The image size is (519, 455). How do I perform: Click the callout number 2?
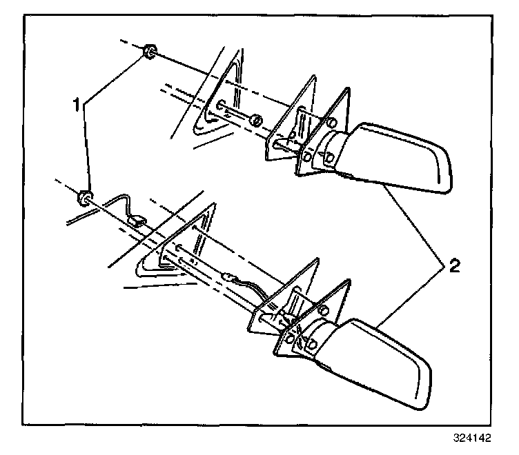pos(452,266)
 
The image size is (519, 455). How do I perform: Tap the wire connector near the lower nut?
pos(136,221)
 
